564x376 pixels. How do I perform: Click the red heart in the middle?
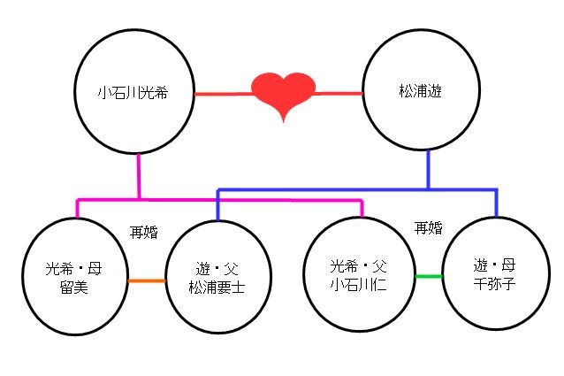(283, 93)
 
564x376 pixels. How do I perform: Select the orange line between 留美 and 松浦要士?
(147, 281)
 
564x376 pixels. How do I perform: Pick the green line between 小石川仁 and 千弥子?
(429, 277)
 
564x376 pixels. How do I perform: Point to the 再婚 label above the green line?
(428, 228)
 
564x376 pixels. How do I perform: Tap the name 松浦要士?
(219, 288)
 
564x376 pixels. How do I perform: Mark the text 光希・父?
(358, 265)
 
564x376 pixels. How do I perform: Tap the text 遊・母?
(494, 265)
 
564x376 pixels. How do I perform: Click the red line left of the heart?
(221, 93)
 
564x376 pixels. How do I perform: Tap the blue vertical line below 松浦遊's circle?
(428, 169)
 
